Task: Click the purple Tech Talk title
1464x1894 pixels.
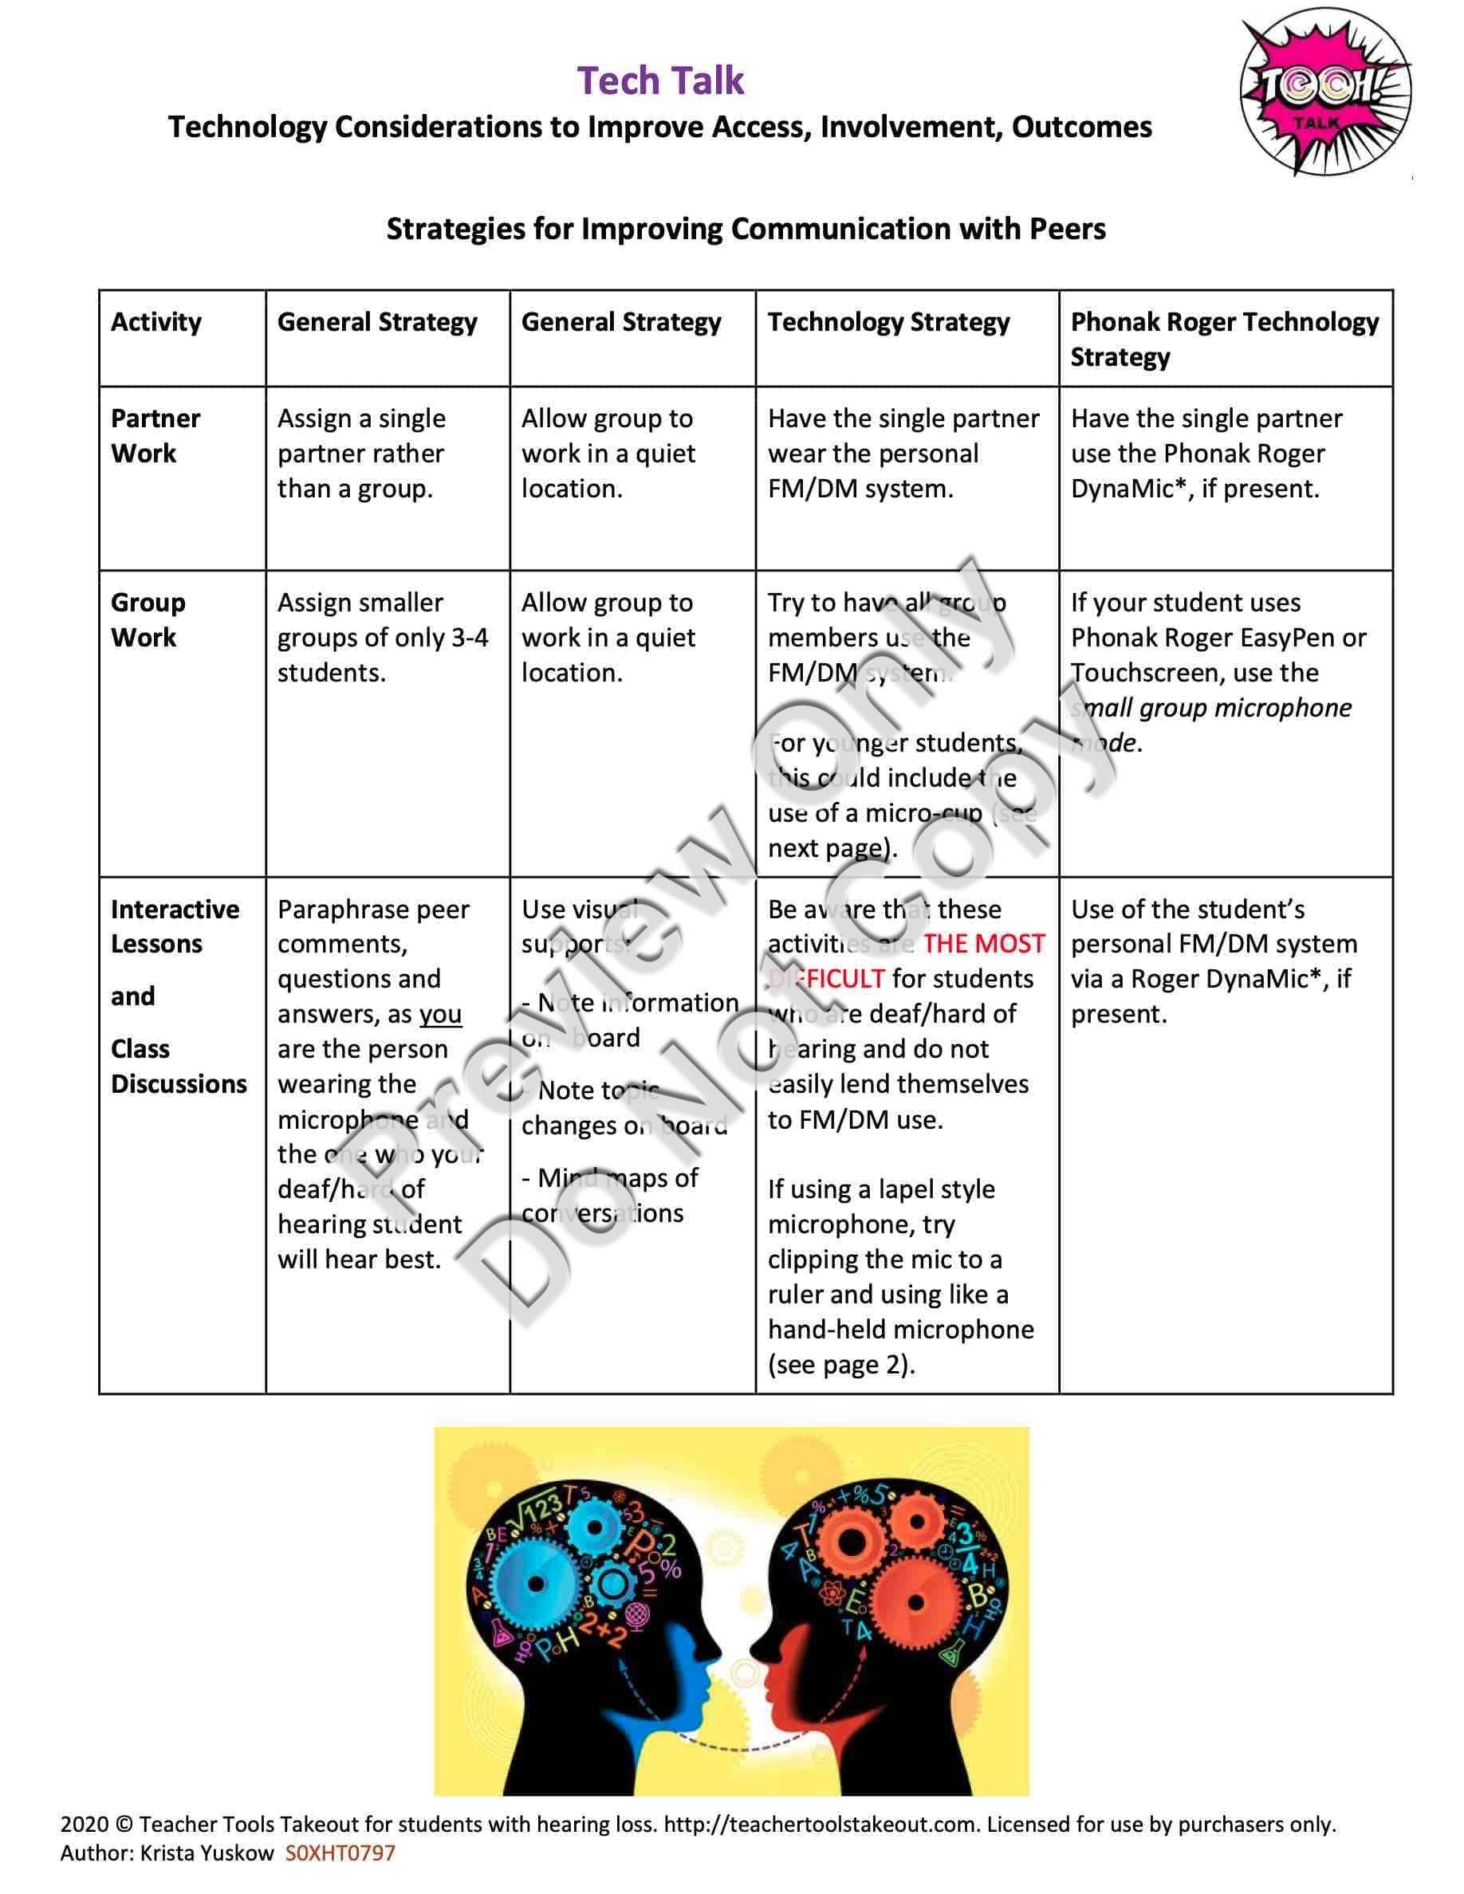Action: (x=660, y=81)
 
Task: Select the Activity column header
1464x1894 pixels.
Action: (x=156, y=322)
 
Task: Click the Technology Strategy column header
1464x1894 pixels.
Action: (x=888, y=322)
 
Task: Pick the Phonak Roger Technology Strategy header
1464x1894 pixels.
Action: (x=1224, y=339)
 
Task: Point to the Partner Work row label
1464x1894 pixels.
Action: (x=155, y=435)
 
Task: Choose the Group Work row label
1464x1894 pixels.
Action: (x=148, y=619)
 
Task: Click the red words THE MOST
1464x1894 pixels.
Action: (x=983, y=944)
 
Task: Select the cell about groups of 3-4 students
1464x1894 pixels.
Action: (x=382, y=638)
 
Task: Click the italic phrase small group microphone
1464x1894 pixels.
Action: (x=1210, y=708)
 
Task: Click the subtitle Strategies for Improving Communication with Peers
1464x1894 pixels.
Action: (x=745, y=229)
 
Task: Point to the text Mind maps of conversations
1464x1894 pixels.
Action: (x=610, y=1195)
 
